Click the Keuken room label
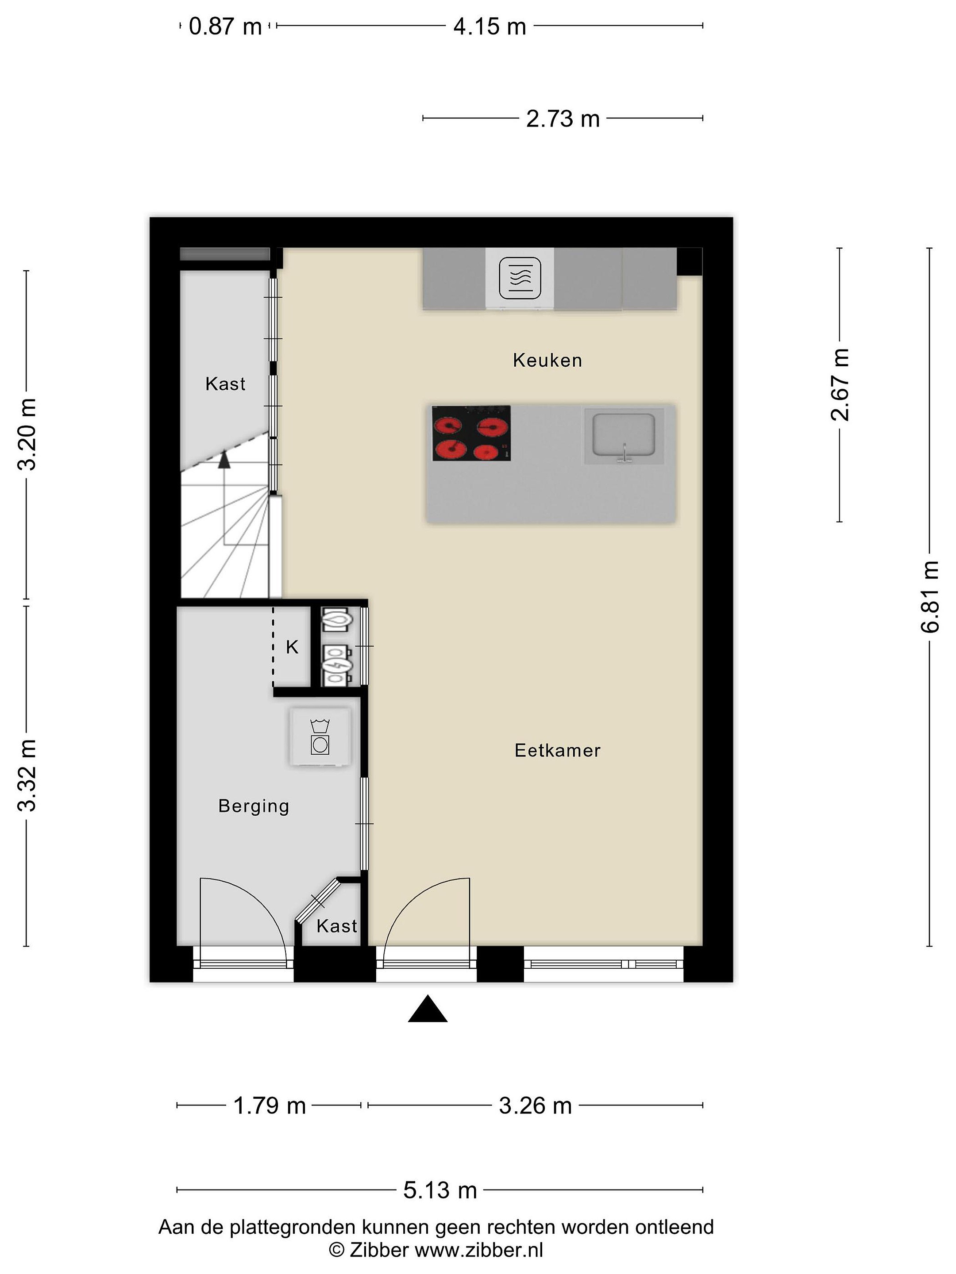(x=547, y=361)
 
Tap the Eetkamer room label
(x=557, y=750)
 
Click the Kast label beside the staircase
(x=225, y=384)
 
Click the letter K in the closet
(x=292, y=647)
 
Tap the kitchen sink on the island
(x=624, y=436)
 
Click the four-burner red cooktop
(x=471, y=433)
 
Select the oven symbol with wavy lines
(x=520, y=279)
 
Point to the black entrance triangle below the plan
(x=428, y=1009)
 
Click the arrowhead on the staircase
(x=224, y=459)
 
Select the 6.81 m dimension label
(x=929, y=597)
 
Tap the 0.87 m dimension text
(x=225, y=27)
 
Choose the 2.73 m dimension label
(x=563, y=119)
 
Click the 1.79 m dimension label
(x=269, y=1106)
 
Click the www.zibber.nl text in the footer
(x=479, y=1250)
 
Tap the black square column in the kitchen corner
(x=689, y=261)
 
